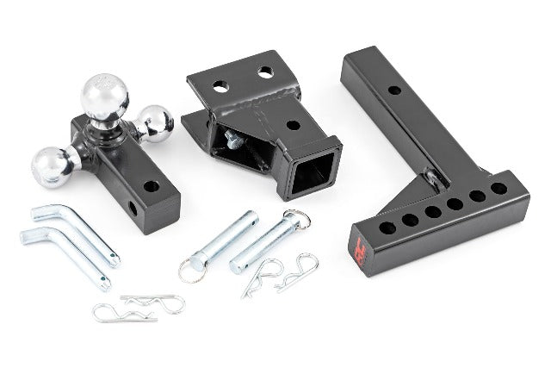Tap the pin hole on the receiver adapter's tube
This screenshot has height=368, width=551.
tap(293, 124)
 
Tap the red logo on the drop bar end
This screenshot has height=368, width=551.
tap(360, 253)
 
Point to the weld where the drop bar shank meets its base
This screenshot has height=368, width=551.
tap(435, 179)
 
